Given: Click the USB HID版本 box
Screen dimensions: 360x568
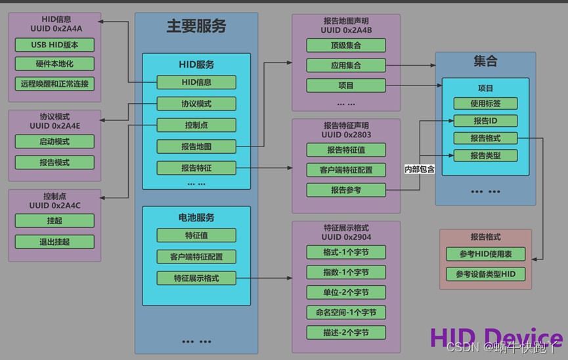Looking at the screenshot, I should [x=54, y=45].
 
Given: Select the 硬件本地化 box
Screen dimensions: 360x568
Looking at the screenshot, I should [x=54, y=64].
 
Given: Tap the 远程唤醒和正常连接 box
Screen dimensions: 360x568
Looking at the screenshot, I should [x=54, y=84].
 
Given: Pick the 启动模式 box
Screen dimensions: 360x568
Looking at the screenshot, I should [x=54, y=142].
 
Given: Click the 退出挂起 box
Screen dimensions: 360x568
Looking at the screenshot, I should [x=54, y=242].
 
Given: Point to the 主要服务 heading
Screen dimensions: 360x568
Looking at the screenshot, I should [x=196, y=26].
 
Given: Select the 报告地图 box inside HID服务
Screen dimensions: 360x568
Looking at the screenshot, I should [x=196, y=146].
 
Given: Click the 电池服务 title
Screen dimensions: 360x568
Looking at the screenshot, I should [x=196, y=217].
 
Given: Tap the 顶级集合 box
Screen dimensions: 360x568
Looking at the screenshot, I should [x=346, y=45].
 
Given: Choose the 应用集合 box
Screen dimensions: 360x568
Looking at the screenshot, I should [x=346, y=66].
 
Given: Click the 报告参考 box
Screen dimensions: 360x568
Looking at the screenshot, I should [x=346, y=191].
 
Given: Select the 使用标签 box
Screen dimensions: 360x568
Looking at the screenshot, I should [x=485, y=103].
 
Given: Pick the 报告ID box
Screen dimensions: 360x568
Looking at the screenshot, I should [x=485, y=121].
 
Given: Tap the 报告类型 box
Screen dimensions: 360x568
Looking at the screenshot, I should [x=485, y=156].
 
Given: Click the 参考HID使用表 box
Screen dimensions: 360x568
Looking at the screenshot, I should [x=485, y=254].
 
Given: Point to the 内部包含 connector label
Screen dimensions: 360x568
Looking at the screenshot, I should [x=419, y=169].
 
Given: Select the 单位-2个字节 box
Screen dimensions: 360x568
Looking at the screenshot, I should [x=346, y=292].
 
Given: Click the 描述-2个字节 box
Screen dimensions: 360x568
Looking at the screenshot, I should [x=346, y=332].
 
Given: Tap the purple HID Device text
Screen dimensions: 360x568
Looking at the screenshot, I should [x=496, y=337].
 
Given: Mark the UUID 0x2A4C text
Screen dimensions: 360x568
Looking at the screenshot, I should [x=54, y=206].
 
